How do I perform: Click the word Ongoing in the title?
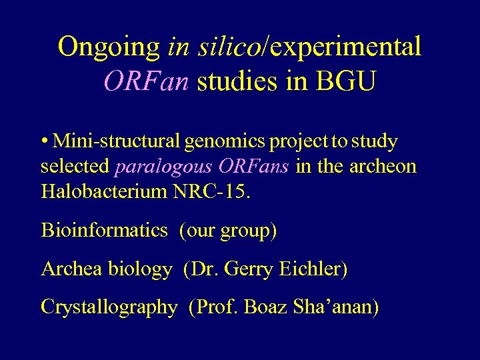pos(109,47)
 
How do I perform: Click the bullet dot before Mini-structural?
pos(44,142)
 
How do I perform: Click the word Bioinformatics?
pos(104,231)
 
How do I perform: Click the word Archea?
pos(71,269)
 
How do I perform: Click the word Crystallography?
pos(109,308)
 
